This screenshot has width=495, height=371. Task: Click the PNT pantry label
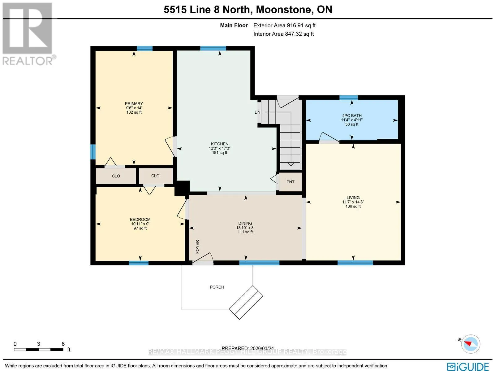[x=290, y=182]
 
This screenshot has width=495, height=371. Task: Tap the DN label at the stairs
[x=257, y=112]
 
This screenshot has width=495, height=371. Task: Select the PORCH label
[x=217, y=287]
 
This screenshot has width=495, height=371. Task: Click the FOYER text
[x=198, y=247]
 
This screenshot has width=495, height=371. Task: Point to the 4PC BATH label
[x=352, y=116]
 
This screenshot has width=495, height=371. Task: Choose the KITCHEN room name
[x=220, y=144]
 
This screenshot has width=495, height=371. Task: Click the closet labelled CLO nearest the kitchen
[x=155, y=176]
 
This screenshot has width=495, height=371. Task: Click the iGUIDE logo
[x=468, y=366]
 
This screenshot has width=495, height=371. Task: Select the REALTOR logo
[x=28, y=34]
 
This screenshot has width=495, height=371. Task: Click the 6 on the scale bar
[x=63, y=344]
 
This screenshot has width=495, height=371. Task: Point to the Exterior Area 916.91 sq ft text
[x=284, y=25]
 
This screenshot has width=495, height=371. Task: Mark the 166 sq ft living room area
[x=353, y=206]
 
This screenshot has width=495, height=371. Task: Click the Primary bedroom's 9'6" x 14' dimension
[x=134, y=108]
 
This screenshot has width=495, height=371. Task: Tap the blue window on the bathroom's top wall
[x=349, y=98]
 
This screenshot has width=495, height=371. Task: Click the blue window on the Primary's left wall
[x=93, y=152]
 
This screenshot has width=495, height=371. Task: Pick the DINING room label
[x=245, y=223]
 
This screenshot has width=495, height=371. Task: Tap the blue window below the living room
[x=355, y=263]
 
